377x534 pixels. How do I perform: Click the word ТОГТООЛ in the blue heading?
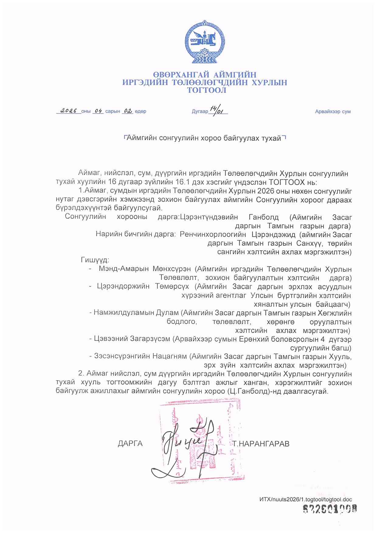(206, 90)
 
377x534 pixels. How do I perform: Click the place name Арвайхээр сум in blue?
(333, 112)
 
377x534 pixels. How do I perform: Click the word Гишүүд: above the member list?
(95, 260)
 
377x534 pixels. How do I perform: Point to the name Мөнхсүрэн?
(172, 269)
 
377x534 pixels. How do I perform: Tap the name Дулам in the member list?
(167, 313)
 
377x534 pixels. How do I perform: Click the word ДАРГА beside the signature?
(130, 444)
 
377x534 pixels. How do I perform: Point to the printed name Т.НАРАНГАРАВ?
(261, 444)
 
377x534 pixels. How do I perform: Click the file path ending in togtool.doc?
(306, 499)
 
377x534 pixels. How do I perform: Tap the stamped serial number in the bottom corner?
(330, 509)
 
